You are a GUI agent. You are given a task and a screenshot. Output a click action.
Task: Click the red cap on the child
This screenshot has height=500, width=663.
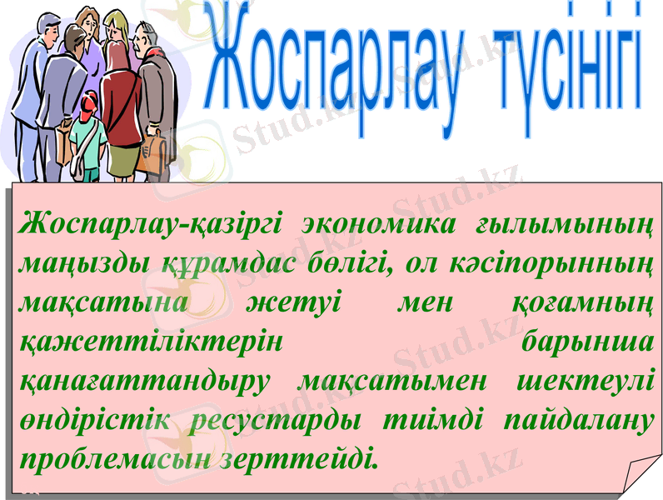click(x=89, y=99)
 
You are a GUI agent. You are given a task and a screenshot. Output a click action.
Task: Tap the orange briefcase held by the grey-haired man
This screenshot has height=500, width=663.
click(x=152, y=153)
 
